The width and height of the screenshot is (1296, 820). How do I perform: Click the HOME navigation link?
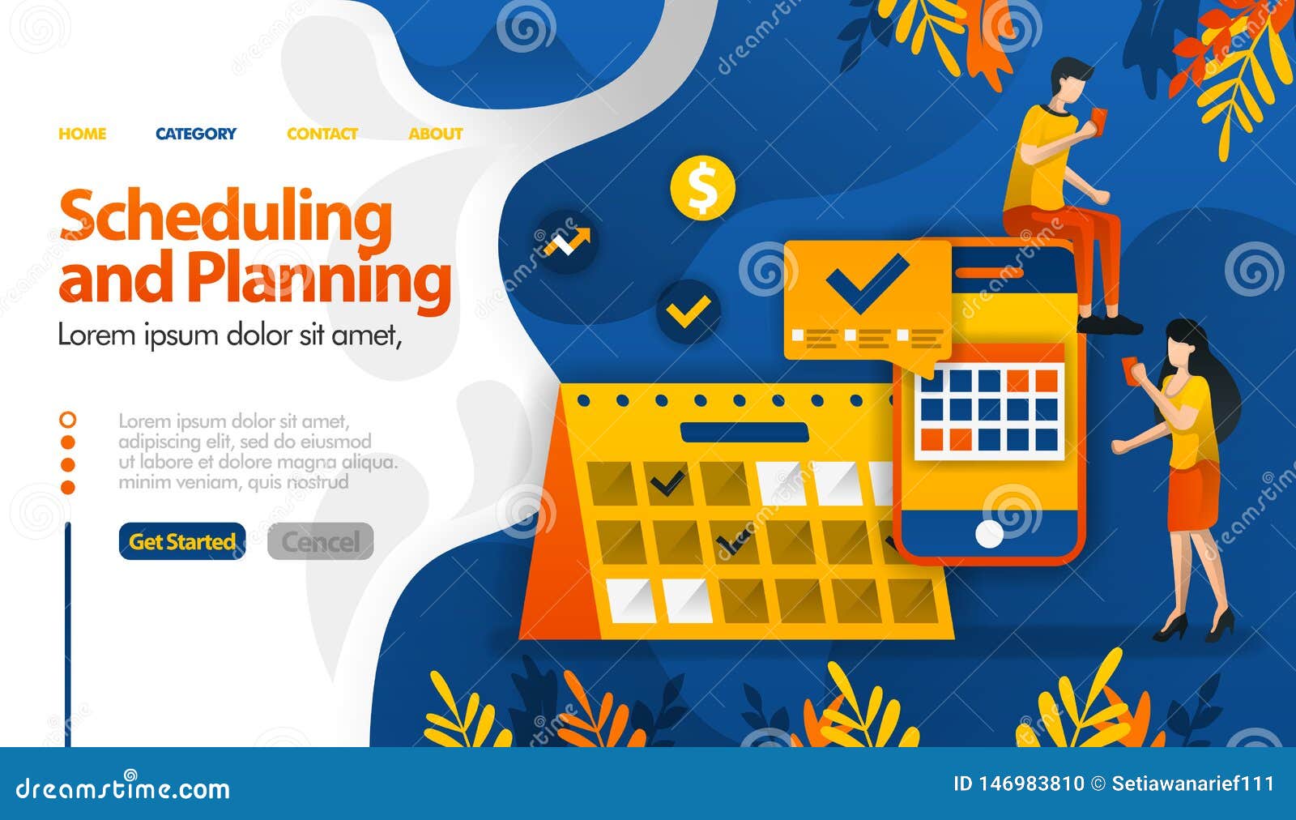(x=82, y=134)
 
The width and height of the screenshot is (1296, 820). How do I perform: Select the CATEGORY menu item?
(x=196, y=134)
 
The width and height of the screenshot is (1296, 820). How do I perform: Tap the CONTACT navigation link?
(x=322, y=134)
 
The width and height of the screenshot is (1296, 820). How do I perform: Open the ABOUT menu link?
(x=435, y=134)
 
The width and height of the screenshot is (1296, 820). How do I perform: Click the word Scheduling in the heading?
(x=226, y=217)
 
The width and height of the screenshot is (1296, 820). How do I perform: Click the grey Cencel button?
(x=321, y=541)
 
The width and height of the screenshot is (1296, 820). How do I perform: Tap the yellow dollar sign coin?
(x=702, y=188)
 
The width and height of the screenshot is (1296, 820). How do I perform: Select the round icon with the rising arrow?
(x=566, y=241)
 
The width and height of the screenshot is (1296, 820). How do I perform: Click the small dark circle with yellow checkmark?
(x=688, y=311)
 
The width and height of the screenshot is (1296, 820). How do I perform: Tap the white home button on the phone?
(x=989, y=533)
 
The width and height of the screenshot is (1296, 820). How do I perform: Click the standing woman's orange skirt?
(x=1193, y=494)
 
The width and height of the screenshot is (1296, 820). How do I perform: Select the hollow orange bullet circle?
(x=68, y=420)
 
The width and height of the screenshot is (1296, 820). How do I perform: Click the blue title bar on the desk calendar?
(x=744, y=433)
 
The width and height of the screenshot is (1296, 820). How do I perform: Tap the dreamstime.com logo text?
(x=123, y=788)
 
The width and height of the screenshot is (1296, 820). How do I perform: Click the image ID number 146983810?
(x=1031, y=784)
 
